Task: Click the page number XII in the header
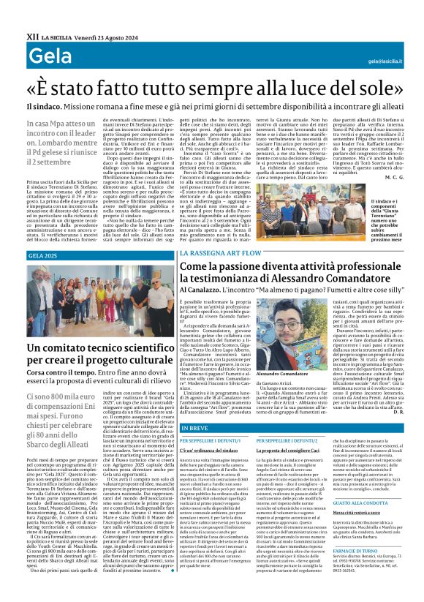tap(32, 35)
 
